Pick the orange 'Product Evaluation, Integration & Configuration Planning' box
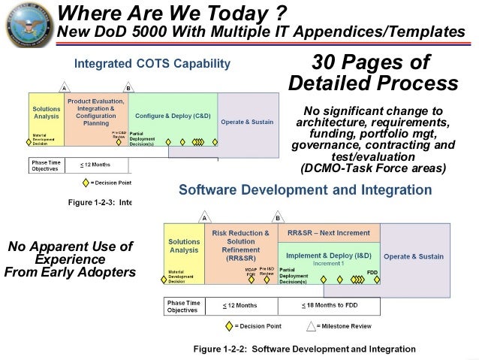click(x=95, y=111)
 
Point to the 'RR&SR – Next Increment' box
click(x=328, y=233)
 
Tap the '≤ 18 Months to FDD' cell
click(x=328, y=306)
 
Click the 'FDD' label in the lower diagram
click(x=372, y=272)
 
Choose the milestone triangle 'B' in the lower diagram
click(x=277, y=218)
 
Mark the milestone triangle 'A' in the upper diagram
click(x=65, y=88)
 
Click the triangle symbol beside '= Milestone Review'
click(x=309, y=326)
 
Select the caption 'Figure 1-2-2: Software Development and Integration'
click(x=304, y=349)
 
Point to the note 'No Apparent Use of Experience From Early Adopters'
click(x=69, y=259)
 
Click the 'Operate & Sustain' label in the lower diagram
click(x=413, y=256)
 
